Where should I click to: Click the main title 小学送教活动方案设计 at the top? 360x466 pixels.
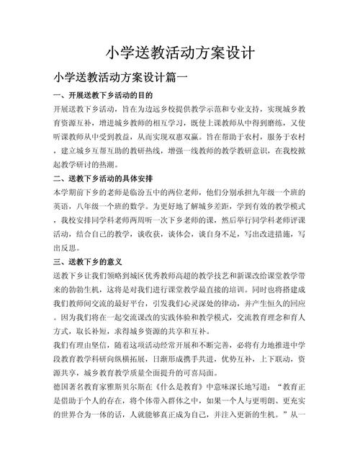pyautogui.click(x=180, y=53)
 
